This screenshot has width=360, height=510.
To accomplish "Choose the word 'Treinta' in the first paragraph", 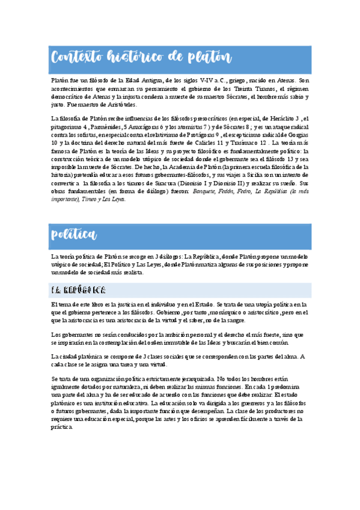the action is pyautogui.click(x=237, y=88).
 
